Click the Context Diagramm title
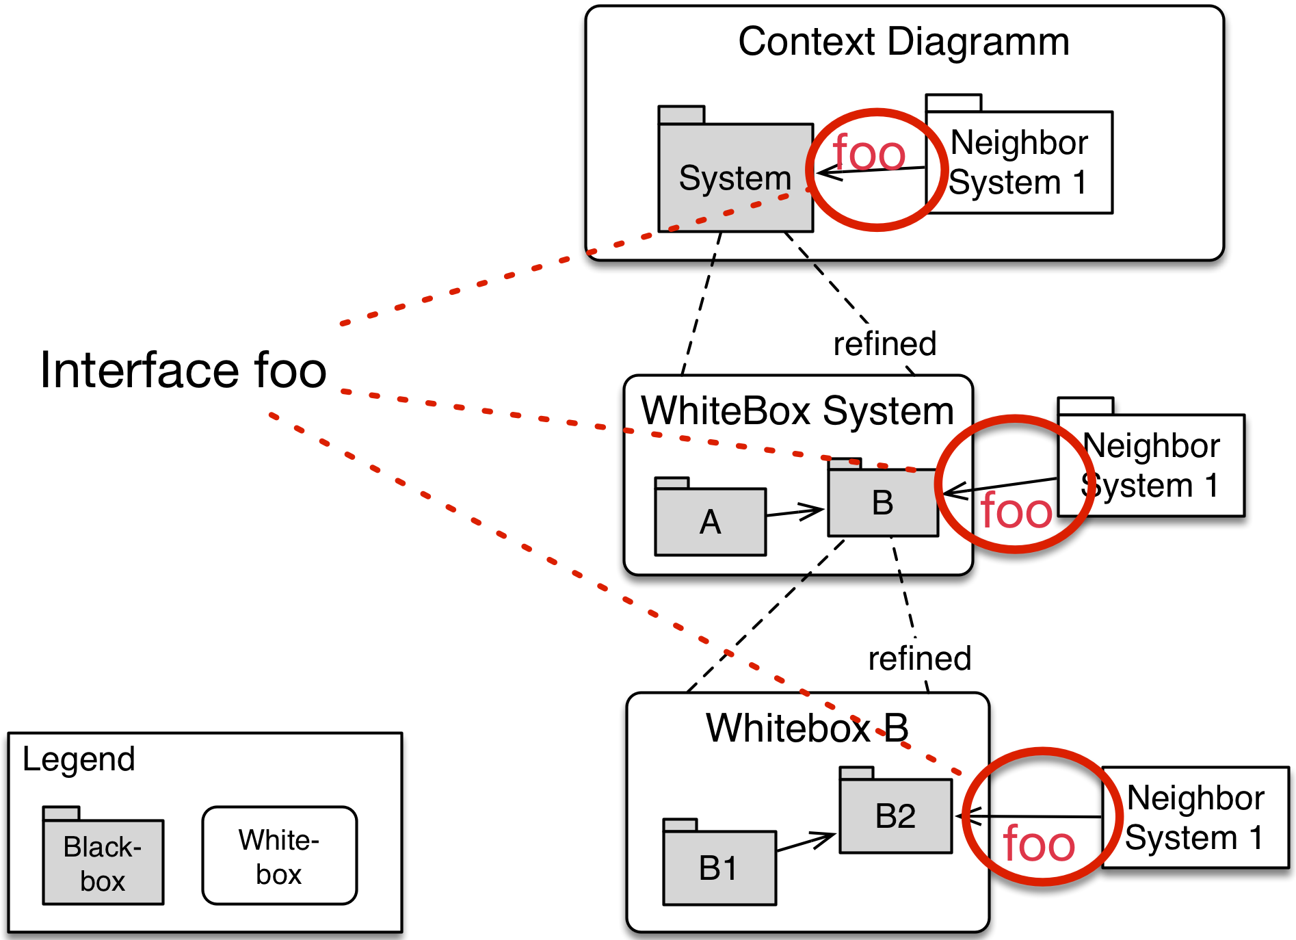[x=903, y=42]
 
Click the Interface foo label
[x=183, y=370]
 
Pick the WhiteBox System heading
[x=797, y=412]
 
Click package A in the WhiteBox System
[x=710, y=521]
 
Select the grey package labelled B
[x=882, y=503]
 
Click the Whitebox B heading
[x=807, y=728]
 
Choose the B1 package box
[x=719, y=867]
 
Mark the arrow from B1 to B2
[x=806, y=842]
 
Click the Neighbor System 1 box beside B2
[x=1195, y=818]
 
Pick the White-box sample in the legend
[x=279, y=856]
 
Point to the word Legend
[x=79, y=759]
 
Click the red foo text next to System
[x=869, y=153]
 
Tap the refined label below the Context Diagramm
[x=884, y=344]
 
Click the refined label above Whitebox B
[x=919, y=659]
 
